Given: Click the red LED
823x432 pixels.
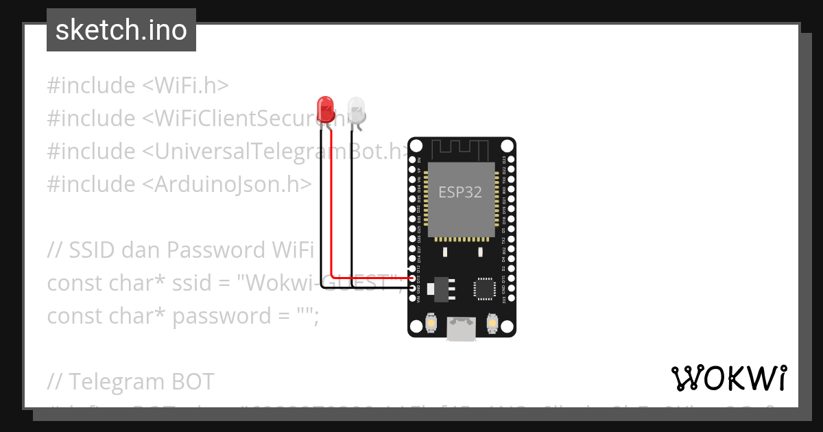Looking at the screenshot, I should (x=325, y=108).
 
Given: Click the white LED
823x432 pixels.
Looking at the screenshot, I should (x=357, y=108).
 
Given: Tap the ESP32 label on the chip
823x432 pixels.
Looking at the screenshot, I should (x=460, y=193).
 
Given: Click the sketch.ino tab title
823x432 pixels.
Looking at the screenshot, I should (x=121, y=30).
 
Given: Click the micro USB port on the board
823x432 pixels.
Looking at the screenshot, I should (x=461, y=328).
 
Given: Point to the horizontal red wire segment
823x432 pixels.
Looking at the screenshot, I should (x=370, y=277).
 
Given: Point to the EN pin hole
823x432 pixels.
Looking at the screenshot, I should (x=412, y=160).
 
